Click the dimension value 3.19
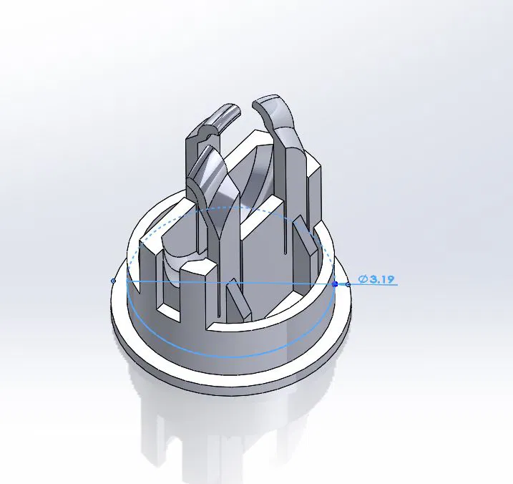click(x=382, y=279)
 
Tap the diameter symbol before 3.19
click(x=363, y=279)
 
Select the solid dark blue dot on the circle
click(x=334, y=284)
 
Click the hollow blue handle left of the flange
click(x=114, y=281)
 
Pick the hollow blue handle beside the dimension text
click(x=348, y=284)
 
